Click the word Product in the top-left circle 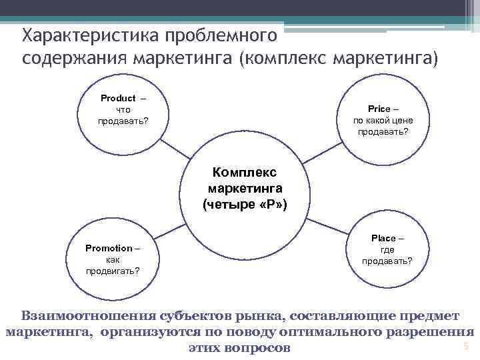[118, 98]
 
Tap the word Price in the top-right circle [379, 109]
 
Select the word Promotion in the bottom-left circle [109, 248]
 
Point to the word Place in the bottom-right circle [383, 238]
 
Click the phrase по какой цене [383, 120]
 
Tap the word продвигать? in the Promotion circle [113, 271]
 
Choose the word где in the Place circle [386, 249]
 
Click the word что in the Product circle [123, 109]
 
